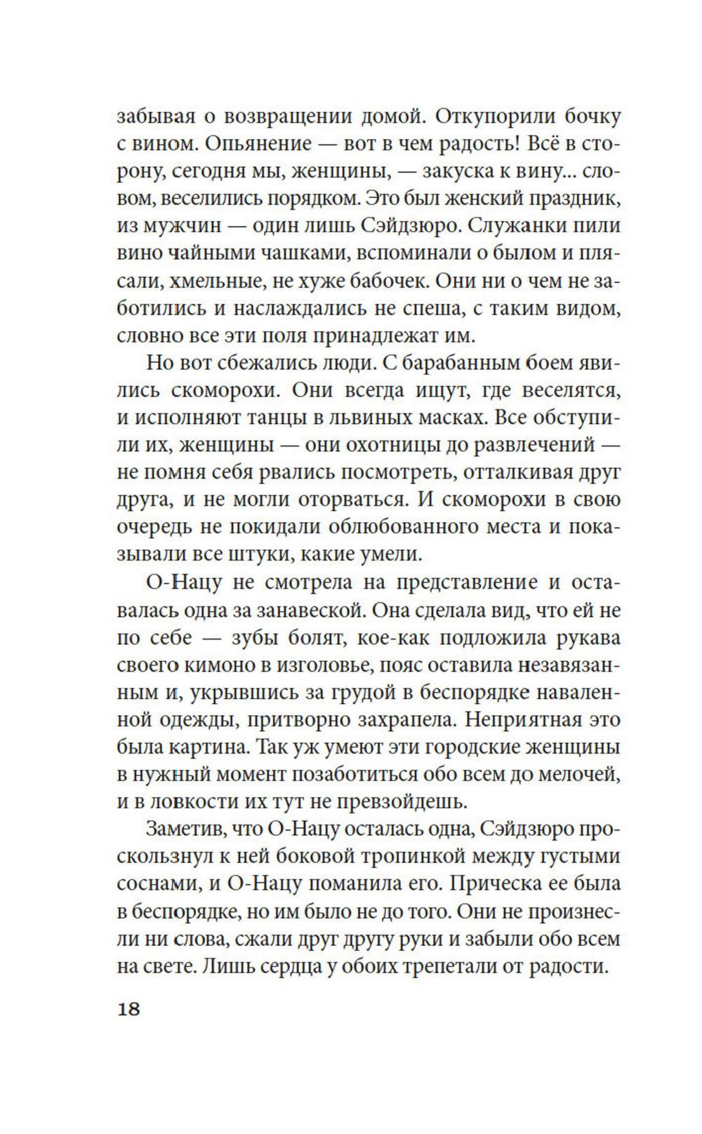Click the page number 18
coord(130,1008)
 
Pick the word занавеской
coord(310,610)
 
